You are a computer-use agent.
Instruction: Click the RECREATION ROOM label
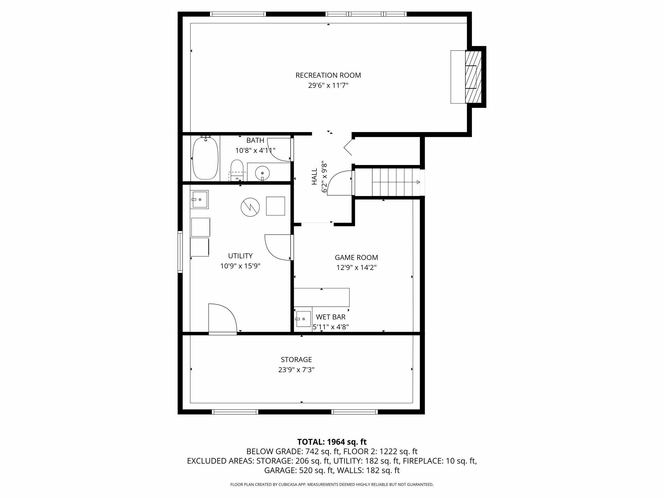[x=328, y=75]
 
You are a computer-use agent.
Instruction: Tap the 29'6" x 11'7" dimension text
[x=328, y=86]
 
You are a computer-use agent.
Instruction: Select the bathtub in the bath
[x=206, y=158]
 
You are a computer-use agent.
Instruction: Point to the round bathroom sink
[x=262, y=173]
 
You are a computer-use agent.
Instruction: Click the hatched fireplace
[x=473, y=77]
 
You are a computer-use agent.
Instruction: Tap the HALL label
[x=314, y=177]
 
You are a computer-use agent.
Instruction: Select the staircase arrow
[x=396, y=182]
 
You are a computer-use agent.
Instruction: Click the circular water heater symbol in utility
[x=250, y=207]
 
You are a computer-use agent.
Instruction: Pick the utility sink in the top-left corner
[x=200, y=200]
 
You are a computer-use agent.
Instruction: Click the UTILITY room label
[x=240, y=256]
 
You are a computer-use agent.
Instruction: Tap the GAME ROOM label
[x=356, y=257]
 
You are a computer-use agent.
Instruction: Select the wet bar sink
[x=303, y=319]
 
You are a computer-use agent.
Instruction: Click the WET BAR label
[x=331, y=317]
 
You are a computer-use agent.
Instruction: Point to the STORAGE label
[x=296, y=359]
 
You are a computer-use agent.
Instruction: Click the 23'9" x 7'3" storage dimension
[x=296, y=370]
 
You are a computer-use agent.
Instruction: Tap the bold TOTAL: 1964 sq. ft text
[x=332, y=442]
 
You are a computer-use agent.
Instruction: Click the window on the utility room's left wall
[x=180, y=252]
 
